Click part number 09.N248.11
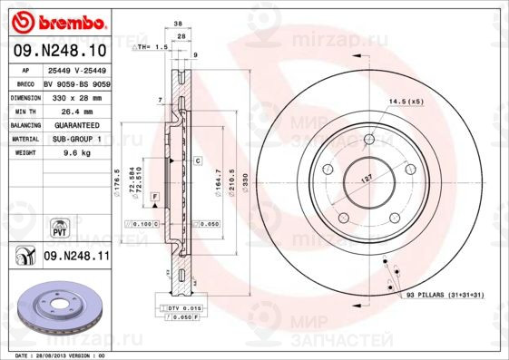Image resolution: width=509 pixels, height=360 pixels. click(76, 258)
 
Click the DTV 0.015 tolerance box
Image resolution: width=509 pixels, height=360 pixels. click(184, 309)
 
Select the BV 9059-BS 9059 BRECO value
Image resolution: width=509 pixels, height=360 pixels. click(76, 83)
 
